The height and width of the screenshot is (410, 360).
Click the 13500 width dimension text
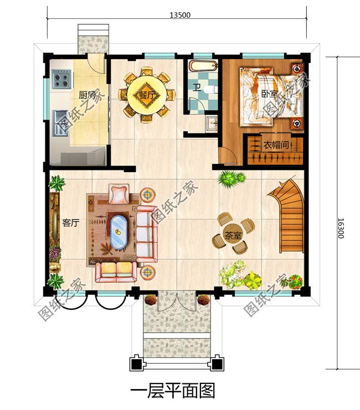coord(180,15)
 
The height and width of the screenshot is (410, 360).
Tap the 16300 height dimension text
coord(341,229)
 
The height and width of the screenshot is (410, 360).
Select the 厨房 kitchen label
coord(87,95)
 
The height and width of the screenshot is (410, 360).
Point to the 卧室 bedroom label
coord(270,94)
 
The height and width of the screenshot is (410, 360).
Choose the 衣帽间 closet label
coord(275,144)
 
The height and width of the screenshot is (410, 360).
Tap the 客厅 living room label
coord(71,223)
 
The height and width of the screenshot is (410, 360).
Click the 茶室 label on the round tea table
coord(233,236)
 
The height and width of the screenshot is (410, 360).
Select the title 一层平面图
coord(173,391)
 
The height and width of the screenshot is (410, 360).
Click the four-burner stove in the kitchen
coord(62,79)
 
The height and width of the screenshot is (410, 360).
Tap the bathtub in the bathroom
coord(203,66)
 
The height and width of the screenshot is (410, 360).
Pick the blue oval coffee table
coord(119,232)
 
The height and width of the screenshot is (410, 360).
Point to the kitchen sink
coord(60,123)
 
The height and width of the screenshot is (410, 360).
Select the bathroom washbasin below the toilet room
coord(211,123)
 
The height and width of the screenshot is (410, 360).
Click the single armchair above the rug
coord(119,194)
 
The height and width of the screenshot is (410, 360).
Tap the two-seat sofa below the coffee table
coord(116,272)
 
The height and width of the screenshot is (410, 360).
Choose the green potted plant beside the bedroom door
coord(232,179)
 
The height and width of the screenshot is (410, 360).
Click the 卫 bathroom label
coord(197,87)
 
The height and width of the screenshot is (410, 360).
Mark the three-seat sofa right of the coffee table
coord(147,234)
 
